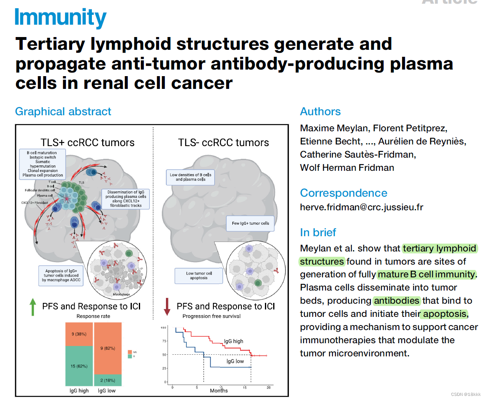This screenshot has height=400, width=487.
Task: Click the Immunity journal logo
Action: [61, 18]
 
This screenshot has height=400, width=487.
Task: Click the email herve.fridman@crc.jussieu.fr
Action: [361, 207]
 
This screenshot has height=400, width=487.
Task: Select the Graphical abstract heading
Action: [63, 112]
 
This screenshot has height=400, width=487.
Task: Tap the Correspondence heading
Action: [344, 193]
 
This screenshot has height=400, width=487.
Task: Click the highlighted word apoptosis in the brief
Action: [445, 314]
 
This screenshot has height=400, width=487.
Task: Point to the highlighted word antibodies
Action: [396, 301]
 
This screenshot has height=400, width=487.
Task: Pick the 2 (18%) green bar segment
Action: [108, 380]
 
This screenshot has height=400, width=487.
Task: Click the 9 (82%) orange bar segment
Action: [108, 348]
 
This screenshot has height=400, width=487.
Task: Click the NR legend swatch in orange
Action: [130, 352]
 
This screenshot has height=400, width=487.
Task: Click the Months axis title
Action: [218, 391]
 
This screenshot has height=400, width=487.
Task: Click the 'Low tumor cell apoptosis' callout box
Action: [199, 276]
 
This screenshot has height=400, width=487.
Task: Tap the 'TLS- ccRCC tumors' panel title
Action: [223, 143]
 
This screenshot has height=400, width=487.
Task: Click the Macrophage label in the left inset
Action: [122, 295]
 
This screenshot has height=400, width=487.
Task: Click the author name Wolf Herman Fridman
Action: [347, 167]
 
